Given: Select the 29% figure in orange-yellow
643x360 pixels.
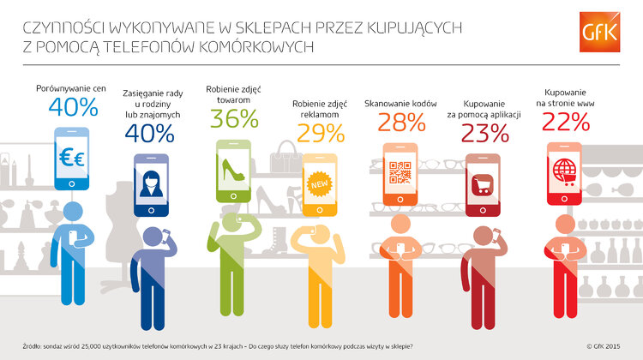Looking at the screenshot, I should point(321,132).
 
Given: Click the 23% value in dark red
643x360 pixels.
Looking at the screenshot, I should point(484,133).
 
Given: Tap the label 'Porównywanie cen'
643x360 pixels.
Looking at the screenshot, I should point(71,88).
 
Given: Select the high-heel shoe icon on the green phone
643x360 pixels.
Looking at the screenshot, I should point(232,168).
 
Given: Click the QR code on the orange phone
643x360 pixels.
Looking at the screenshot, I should point(400,171).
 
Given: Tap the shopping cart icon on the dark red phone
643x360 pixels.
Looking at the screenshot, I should point(483,183).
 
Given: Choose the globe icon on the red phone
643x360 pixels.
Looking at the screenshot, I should point(565,168).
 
